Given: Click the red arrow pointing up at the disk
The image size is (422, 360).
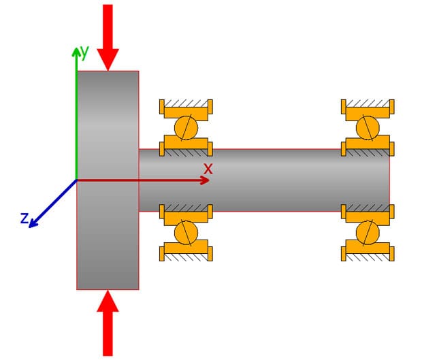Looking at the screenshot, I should pos(108,323).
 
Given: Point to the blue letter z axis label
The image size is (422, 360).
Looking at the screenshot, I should pos(25,218).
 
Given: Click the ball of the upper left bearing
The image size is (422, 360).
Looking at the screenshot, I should pos(186,127).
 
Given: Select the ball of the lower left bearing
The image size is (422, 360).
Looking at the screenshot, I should pos(186,232).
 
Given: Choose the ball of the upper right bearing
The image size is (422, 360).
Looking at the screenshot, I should pos(368,127).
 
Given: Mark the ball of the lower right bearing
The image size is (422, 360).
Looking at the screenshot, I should pos(368,232).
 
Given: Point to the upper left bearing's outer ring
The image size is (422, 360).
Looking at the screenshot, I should pos(186,108).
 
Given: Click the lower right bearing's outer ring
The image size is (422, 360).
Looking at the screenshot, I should pos(368,252).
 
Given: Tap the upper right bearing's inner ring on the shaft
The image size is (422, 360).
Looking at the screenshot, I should pos(368,144).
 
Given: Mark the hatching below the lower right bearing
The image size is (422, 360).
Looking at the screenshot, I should pos(368,259).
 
